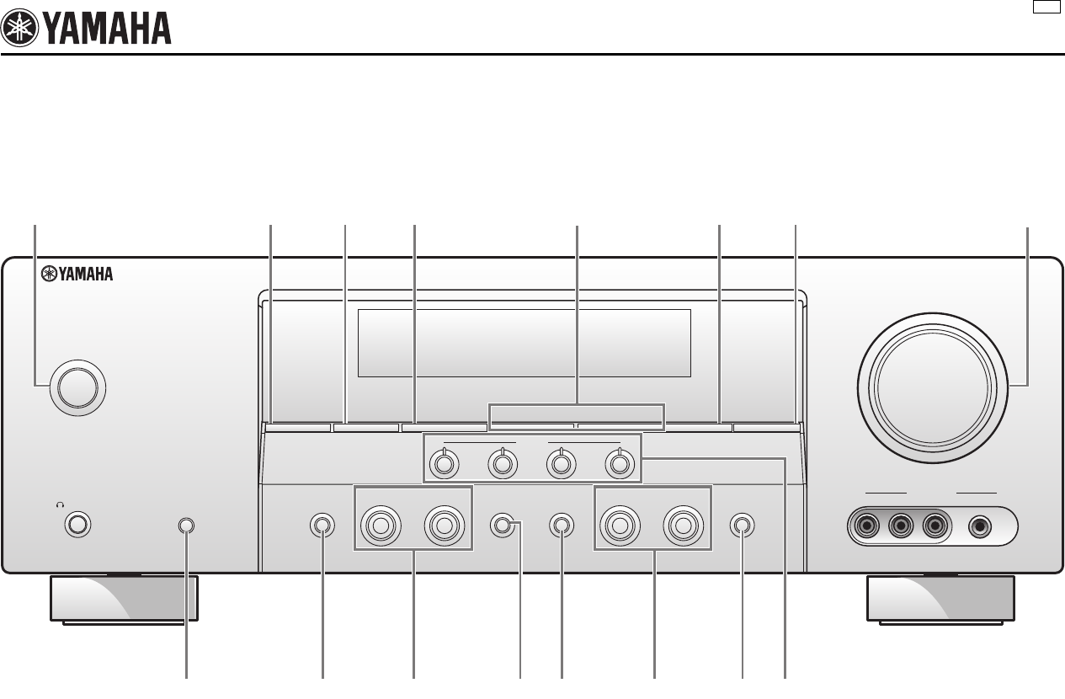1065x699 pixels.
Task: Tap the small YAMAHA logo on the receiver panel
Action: pyautogui.click(x=77, y=273)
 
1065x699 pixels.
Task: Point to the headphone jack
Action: pyautogui.click(x=77, y=525)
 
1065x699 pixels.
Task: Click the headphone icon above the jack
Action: pyautogui.click(x=60, y=504)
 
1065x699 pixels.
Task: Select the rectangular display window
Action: pyautogui.click(x=524, y=343)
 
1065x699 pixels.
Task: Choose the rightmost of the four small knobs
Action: pyautogui.click(x=619, y=462)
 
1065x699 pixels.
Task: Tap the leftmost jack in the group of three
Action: pyautogui.click(x=867, y=527)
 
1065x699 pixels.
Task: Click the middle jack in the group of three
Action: pyautogui.click(x=901, y=527)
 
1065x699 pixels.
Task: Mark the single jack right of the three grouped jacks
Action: pyautogui.click(x=979, y=527)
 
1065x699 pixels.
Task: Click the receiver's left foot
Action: pyautogui.click(x=125, y=598)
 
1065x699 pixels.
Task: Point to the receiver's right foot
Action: pyautogui.click(x=940, y=598)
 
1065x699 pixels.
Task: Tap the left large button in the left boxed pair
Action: pyautogui.click(x=380, y=526)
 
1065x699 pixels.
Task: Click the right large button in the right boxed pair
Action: pyautogui.click(x=683, y=526)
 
